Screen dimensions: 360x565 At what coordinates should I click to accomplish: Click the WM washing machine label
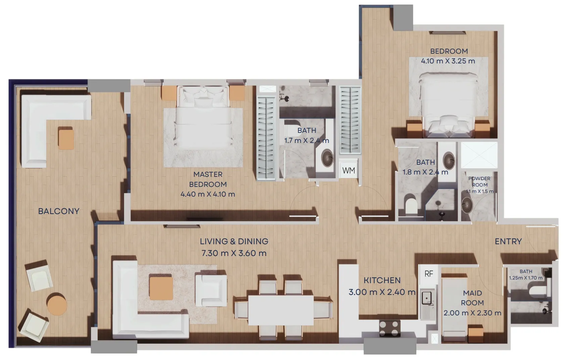coord(348,170)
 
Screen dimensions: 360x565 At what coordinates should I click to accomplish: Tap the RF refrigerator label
coord(429,274)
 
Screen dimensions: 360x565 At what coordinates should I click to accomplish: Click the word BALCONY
coord(59,211)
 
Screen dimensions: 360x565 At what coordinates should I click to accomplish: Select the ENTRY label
coord(508,241)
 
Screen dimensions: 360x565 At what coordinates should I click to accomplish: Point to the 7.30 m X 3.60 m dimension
coord(234,253)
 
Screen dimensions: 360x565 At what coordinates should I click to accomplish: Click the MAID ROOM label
coord(472,298)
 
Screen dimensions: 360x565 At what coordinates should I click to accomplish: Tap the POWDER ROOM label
coord(479,182)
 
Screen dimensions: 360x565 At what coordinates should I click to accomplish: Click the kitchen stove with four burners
coord(389,328)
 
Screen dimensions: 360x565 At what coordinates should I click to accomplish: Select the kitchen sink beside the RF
coord(427,298)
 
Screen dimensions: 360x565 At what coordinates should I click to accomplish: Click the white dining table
coord(280,310)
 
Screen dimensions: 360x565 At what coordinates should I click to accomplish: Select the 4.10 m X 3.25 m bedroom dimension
coord(448,61)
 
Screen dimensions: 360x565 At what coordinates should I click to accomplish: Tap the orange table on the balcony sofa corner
coord(66,138)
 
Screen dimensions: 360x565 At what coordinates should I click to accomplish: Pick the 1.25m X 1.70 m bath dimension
coord(526,278)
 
